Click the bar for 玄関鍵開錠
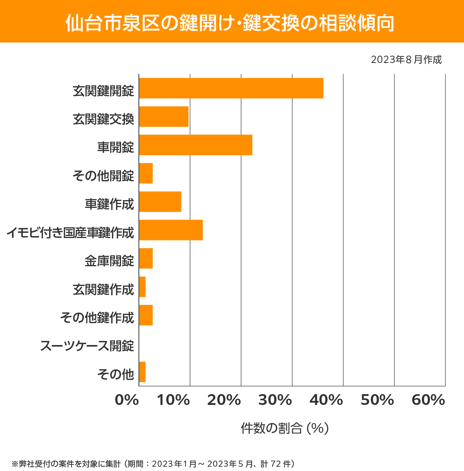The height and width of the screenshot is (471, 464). pos(231,88)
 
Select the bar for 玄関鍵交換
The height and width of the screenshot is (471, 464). pos(164,116)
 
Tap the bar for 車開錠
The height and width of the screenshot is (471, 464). pos(195,145)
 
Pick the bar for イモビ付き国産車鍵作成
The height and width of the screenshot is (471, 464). pos(171,230)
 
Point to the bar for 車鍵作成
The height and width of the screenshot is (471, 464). pos(160,202)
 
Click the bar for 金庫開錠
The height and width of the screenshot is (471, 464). pos(146,258)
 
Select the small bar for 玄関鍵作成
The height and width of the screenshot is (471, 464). pos(142,287)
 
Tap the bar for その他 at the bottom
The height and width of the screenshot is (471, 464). pos(142,372)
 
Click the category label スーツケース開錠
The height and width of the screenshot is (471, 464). pos(87,345)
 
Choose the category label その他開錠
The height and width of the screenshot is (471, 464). pos(103,175)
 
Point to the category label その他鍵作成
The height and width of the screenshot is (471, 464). pos(97,317)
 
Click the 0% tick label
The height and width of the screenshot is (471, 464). pos(127,400)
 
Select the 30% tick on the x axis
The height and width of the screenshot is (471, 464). pos(275,400)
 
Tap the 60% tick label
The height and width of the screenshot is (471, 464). pos(428,400)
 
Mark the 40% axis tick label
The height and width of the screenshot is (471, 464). pos(326,400)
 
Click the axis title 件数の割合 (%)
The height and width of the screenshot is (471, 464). pos(285,428)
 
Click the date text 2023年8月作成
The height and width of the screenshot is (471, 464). pos(406,60)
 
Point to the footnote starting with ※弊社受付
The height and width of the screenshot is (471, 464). pos(153,463)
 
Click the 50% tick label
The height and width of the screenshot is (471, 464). pos(377,400)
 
